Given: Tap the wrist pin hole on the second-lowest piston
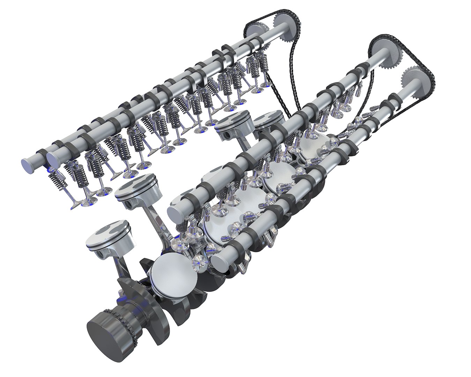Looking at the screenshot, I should [x=129, y=202].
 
